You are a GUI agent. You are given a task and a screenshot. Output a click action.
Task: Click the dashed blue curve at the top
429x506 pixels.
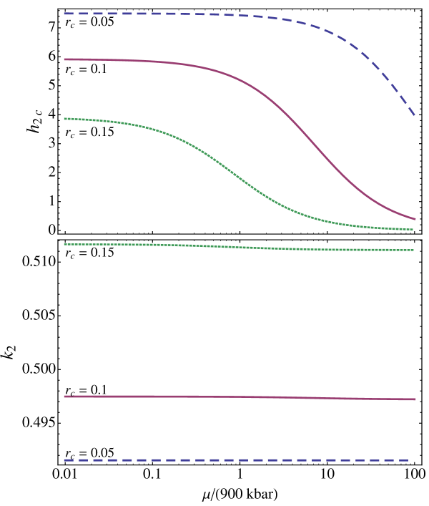click(x=214, y=14)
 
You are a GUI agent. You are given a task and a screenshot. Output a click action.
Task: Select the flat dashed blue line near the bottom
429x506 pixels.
click(x=236, y=460)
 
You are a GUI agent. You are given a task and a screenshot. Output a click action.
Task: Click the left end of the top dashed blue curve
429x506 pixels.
click(x=65, y=14)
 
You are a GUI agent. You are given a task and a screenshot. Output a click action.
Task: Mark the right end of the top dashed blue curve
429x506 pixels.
click(x=414, y=114)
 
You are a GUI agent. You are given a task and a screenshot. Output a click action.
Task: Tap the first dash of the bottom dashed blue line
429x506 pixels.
click(x=69, y=460)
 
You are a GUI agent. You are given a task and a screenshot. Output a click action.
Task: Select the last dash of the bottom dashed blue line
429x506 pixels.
click(x=404, y=460)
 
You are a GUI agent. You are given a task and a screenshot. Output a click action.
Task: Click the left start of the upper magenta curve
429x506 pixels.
click(x=65, y=59)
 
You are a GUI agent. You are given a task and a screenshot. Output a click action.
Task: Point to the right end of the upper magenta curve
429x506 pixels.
click(x=414, y=218)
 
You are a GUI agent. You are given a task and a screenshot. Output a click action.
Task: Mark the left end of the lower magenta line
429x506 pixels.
click(x=65, y=396)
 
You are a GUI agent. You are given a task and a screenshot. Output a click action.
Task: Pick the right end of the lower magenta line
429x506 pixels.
click(x=414, y=399)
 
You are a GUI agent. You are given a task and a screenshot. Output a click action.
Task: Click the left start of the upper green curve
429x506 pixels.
click(x=65, y=119)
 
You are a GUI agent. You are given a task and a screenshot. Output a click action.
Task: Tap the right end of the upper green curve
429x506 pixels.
click(x=413, y=230)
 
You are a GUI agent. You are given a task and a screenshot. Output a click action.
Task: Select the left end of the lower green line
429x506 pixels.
click(x=65, y=245)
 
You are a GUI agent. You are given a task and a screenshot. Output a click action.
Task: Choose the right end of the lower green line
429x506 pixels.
click(x=413, y=250)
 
